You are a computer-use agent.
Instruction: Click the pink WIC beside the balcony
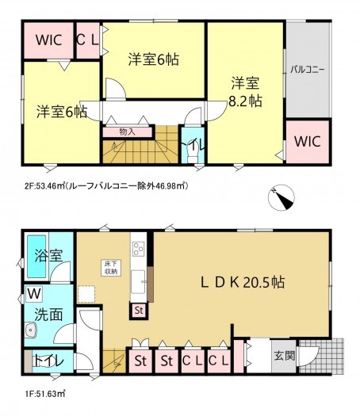pos(306,142)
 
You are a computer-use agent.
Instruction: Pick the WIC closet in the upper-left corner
pos(46,40)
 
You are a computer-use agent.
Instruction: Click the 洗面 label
pos(47,315)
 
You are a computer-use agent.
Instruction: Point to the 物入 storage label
pos(127,132)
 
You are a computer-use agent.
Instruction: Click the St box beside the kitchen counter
pos(139,310)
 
